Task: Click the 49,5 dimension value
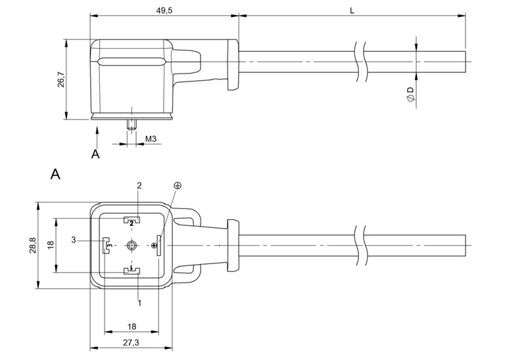pyautogui.click(x=164, y=11)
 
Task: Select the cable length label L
pyautogui.click(x=352, y=11)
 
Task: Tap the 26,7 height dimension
pyautogui.click(x=61, y=79)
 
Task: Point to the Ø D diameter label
pyautogui.click(x=410, y=94)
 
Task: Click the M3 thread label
pyautogui.click(x=151, y=139)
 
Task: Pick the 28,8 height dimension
pyautogui.click(x=34, y=245)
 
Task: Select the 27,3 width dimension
pyautogui.click(x=131, y=342)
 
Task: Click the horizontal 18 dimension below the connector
pyautogui.click(x=132, y=326)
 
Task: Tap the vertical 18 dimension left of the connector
pyautogui.click(x=51, y=245)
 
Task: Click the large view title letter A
pyautogui.click(x=56, y=174)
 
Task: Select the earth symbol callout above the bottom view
pyautogui.click(x=178, y=185)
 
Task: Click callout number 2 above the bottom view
pyautogui.click(x=139, y=185)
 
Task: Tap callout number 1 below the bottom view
pyautogui.click(x=139, y=303)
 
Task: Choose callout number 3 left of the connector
pyautogui.click(x=74, y=240)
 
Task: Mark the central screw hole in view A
pyautogui.click(x=131, y=246)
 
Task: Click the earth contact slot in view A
pyautogui.click(x=159, y=246)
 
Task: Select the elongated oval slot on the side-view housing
pyautogui.click(x=131, y=62)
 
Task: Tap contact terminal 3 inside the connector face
pyautogui.click(x=106, y=246)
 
